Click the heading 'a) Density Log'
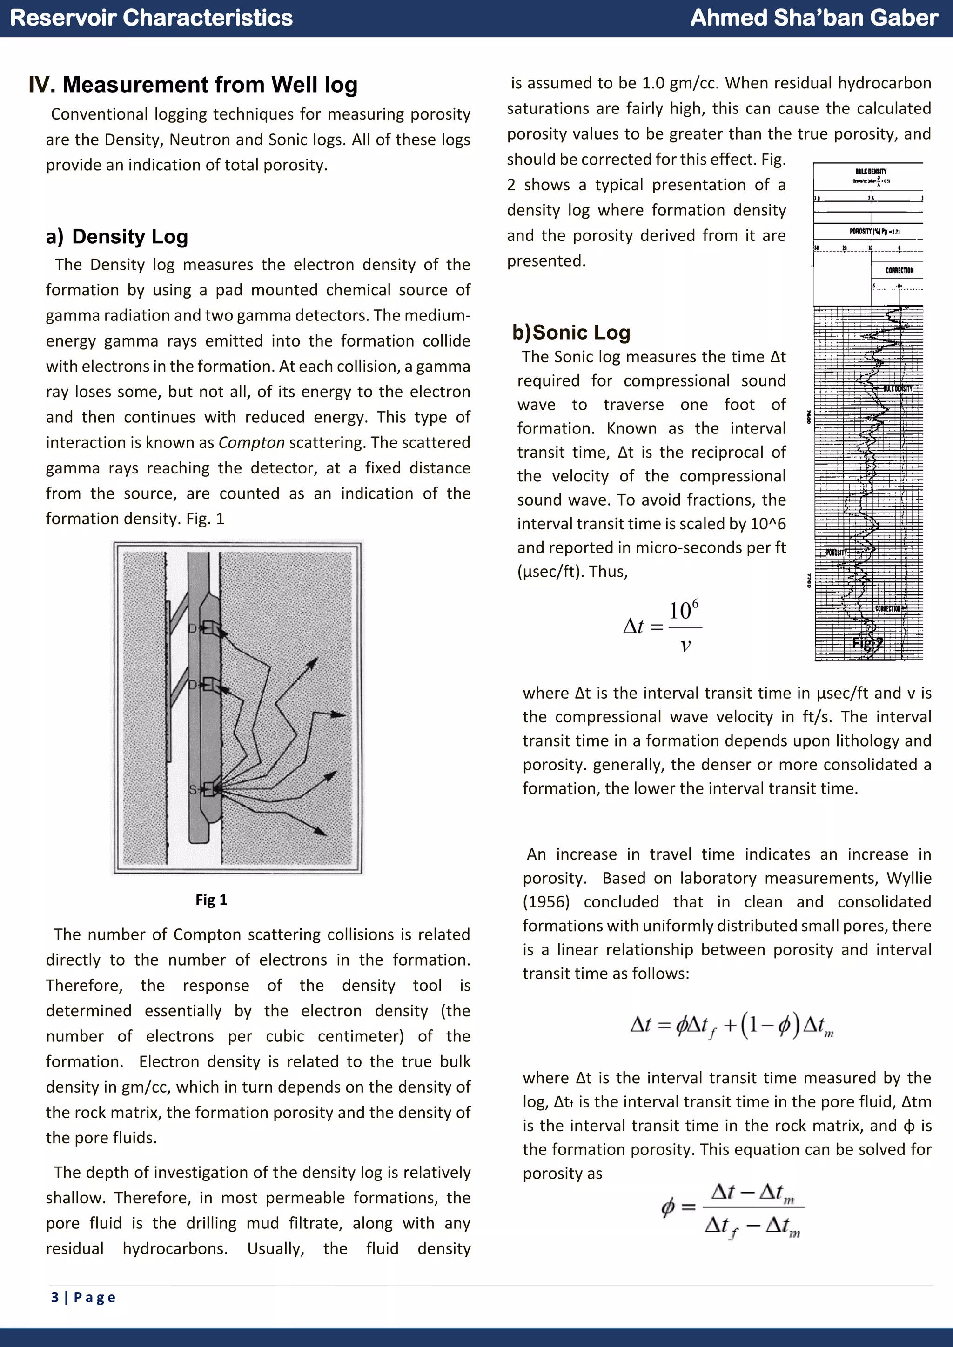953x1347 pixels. (117, 236)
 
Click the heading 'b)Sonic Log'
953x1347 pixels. (571, 333)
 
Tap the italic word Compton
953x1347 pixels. (251, 442)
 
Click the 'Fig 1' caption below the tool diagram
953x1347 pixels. (211, 900)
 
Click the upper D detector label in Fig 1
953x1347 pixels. (192, 629)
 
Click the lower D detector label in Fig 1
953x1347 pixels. (192, 685)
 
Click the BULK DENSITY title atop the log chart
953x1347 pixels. (871, 171)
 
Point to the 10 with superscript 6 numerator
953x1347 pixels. (684, 610)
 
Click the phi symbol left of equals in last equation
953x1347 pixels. (668, 1207)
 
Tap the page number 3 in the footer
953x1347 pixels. (55, 1297)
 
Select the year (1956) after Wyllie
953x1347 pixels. (546, 902)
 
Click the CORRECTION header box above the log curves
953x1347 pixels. (899, 270)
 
